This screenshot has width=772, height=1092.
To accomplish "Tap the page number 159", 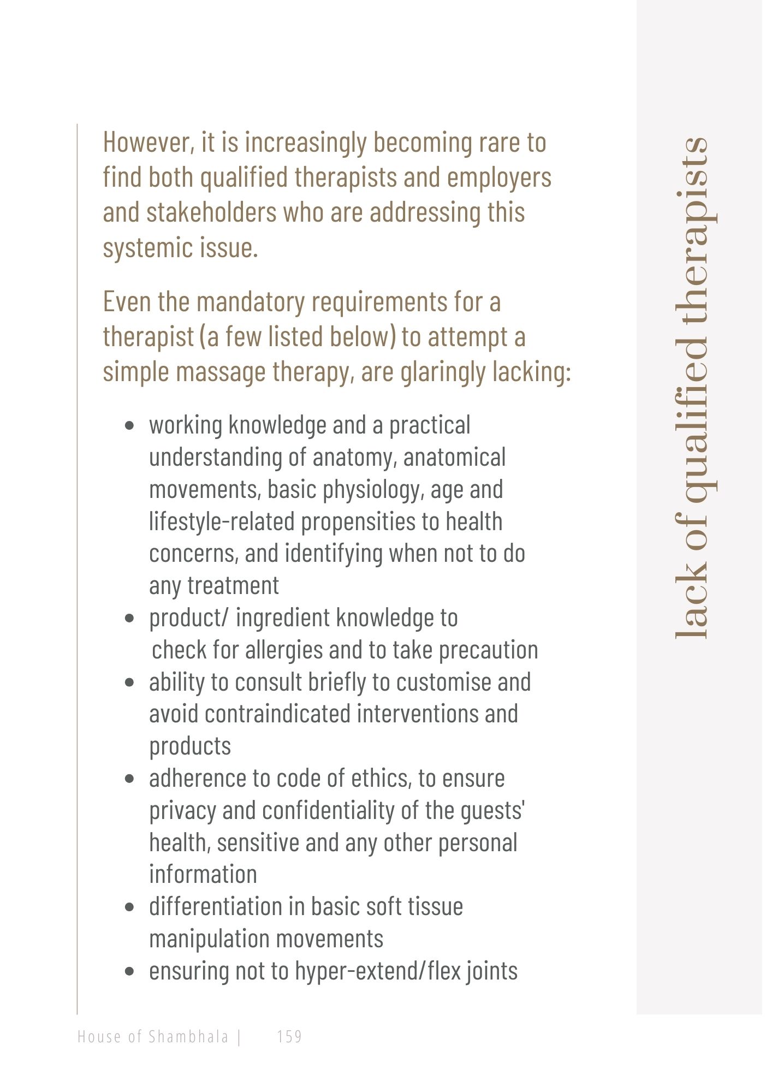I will click(x=289, y=1036).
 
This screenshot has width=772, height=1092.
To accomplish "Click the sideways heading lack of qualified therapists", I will click(x=692, y=388).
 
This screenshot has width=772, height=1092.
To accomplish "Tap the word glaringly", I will click(x=443, y=372).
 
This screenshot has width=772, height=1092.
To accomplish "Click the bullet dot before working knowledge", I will click(x=129, y=426).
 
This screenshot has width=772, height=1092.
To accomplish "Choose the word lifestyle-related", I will click(x=222, y=522).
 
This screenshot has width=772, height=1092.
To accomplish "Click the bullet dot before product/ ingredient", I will click(x=129, y=619).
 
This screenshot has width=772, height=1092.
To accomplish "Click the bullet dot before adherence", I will click(x=129, y=779).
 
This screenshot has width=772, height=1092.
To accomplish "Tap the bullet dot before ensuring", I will click(x=129, y=972).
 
